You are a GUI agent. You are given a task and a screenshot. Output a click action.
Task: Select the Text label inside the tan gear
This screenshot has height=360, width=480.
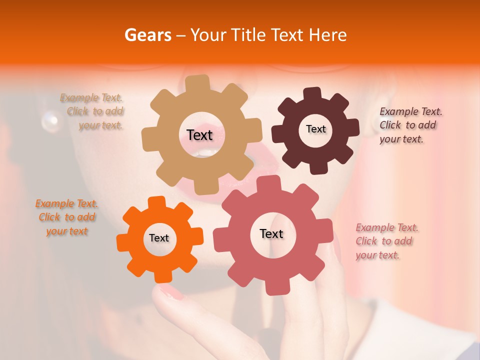point(199,135)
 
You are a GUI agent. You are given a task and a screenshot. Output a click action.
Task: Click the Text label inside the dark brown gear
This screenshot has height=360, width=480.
point(315,129)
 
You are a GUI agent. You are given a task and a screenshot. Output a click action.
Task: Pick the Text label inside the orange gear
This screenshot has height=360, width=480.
point(159,238)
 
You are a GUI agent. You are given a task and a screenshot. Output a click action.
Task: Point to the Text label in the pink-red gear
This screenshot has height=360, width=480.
point(271,233)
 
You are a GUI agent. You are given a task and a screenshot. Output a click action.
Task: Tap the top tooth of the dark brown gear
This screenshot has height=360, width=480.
point(312,94)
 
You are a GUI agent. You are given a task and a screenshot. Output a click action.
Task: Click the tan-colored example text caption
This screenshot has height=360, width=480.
point(92,111)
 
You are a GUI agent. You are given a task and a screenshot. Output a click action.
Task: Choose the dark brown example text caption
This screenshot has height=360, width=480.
point(410,125)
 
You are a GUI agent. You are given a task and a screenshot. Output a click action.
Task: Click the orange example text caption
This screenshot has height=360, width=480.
point(66,217)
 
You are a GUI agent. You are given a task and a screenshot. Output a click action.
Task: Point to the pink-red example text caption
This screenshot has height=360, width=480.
point(386,241)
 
